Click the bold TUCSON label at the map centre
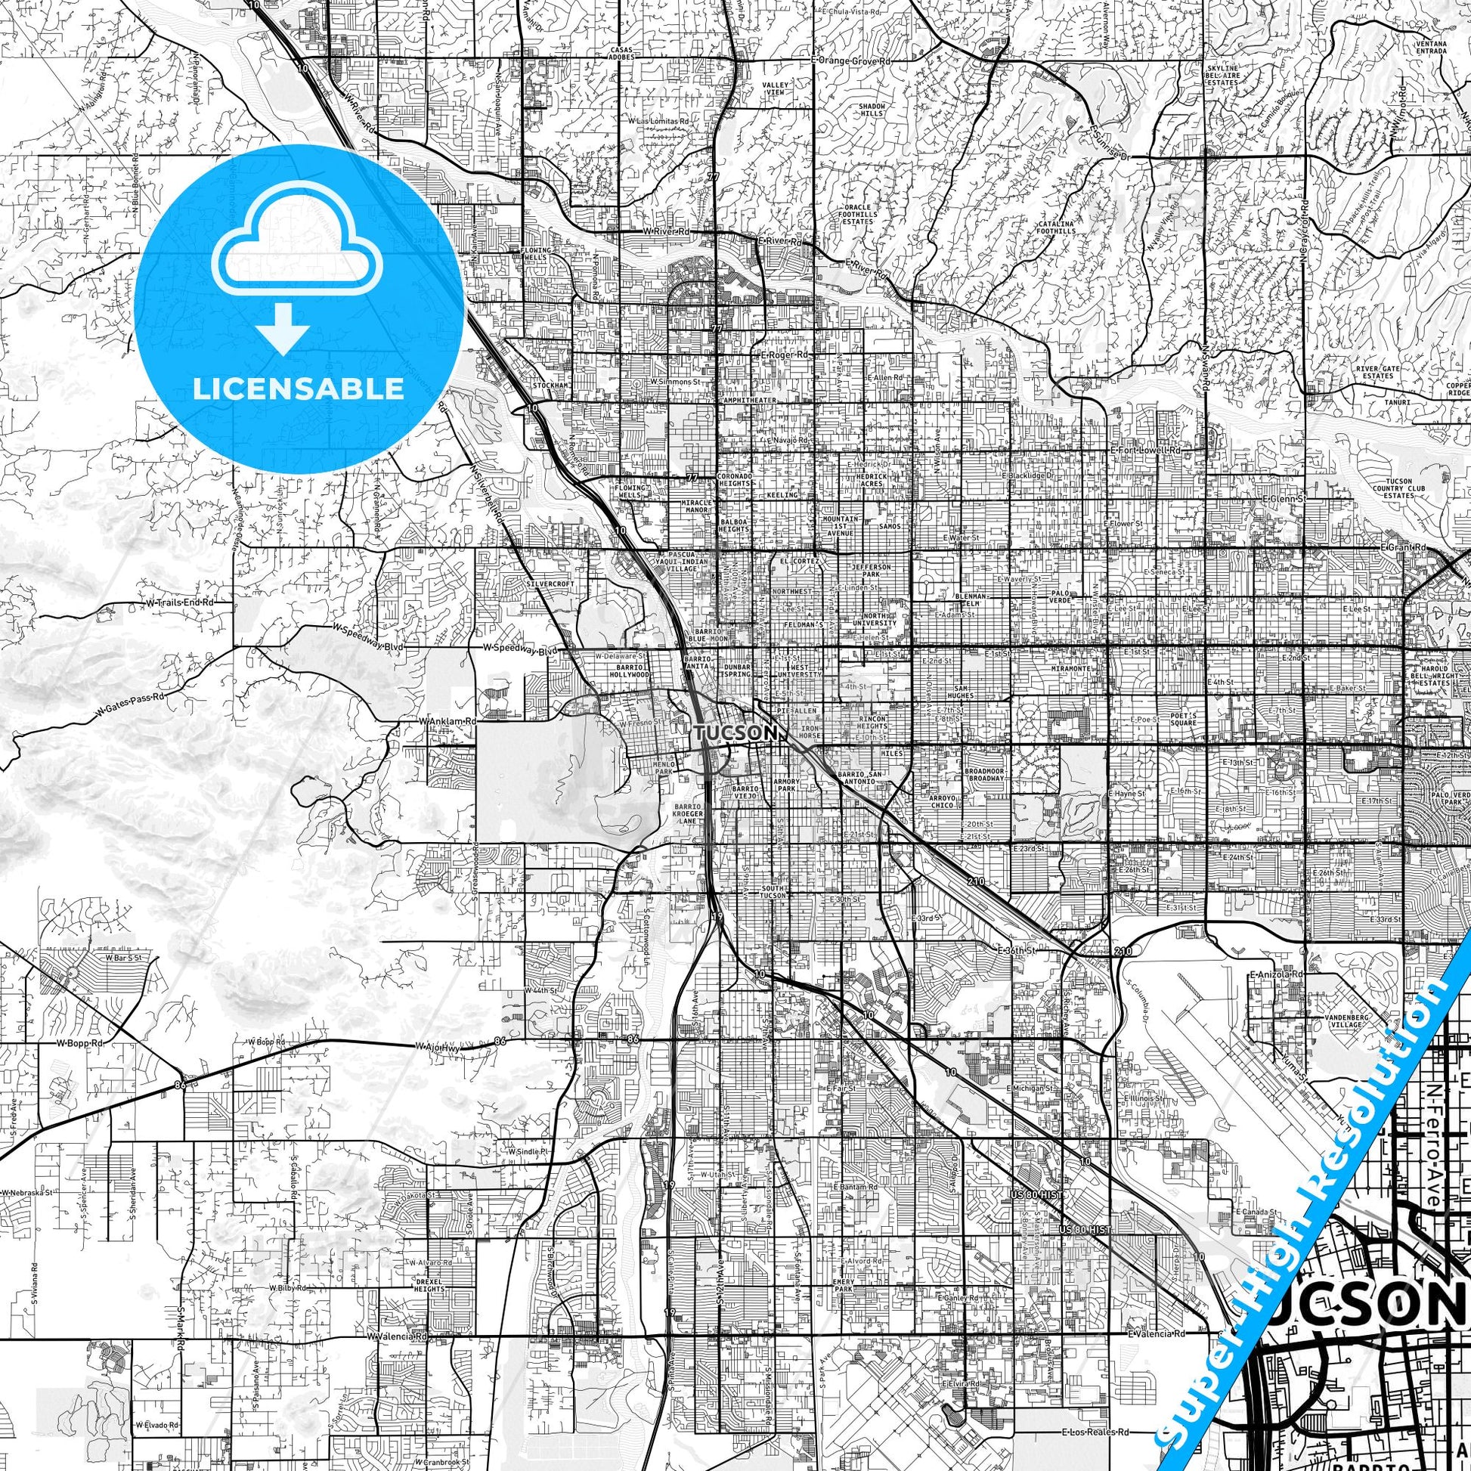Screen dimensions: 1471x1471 pos(735,732)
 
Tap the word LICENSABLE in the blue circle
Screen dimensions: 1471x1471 pos(298,389)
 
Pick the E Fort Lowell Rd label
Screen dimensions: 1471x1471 pos(1144,451)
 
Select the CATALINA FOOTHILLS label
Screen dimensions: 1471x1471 pos(1053,227)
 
